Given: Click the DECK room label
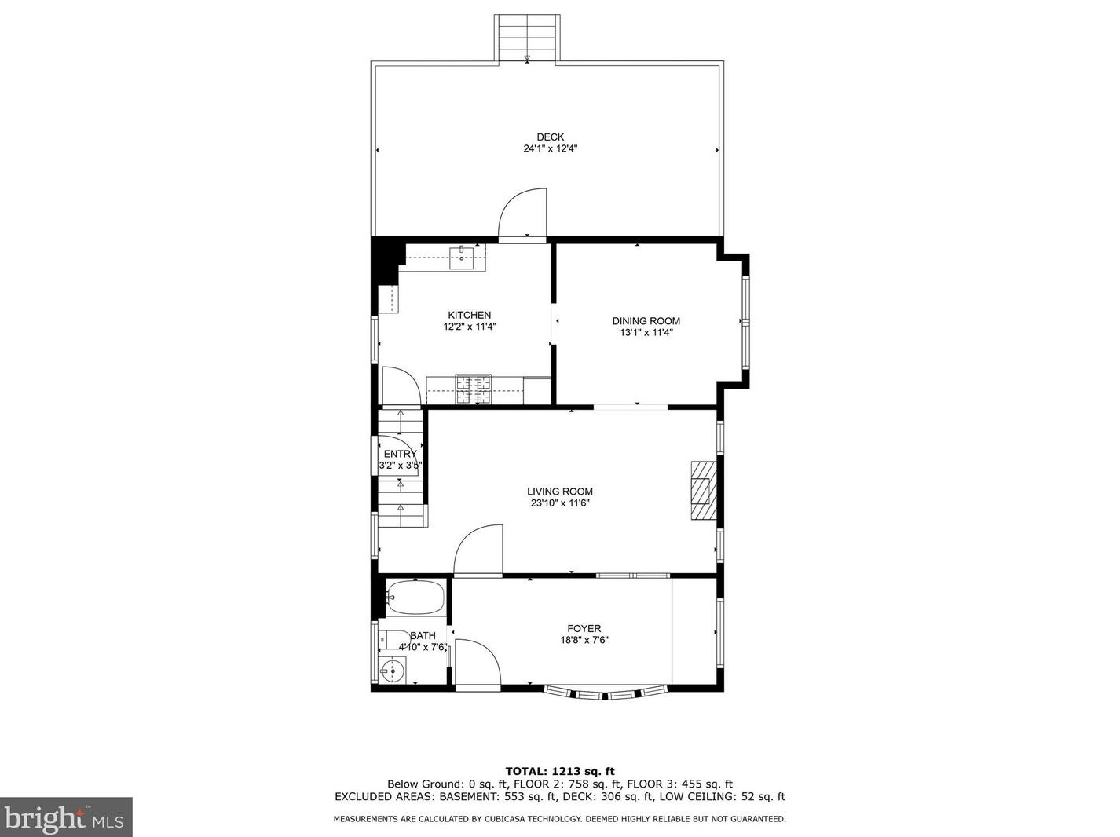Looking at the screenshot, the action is point(550,137).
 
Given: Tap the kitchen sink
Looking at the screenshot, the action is point(461,257).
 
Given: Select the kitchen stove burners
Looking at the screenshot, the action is point(474,389).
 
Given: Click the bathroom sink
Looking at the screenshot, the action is point(393,670).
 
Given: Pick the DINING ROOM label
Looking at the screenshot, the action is point(646,321).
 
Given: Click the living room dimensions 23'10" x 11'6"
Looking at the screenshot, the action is point(560,503).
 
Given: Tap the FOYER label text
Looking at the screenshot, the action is point(584,629).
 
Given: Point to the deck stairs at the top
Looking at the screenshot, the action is point(527,38).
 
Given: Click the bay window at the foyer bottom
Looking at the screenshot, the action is point(606,693).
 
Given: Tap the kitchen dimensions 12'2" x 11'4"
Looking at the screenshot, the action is point(470,327).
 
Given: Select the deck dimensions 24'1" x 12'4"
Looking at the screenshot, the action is point(550,148).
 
